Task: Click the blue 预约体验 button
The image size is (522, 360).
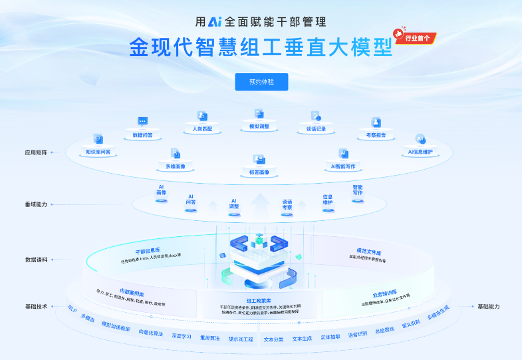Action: (261, 82)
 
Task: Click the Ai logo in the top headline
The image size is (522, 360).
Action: (214, 21)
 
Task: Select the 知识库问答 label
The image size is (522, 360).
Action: (98, 152)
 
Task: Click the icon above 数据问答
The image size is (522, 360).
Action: (142, 121)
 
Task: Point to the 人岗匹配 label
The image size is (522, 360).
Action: (201, 128)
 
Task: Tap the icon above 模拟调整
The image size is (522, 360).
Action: (259, 114)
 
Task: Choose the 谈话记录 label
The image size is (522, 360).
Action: (316, 128)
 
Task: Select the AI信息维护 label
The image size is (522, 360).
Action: (420, 152)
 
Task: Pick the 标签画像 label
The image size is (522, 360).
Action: (259, 172)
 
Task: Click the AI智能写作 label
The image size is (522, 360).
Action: (343, 166)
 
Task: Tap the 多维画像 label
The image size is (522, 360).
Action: (176, 166)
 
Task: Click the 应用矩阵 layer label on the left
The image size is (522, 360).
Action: (36, 152)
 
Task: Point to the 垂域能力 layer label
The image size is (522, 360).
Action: (36, 204)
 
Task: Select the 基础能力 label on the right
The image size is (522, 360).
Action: (488, 306)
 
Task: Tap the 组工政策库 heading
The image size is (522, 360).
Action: (259, 300)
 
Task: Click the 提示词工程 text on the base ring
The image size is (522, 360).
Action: (241, 339)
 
